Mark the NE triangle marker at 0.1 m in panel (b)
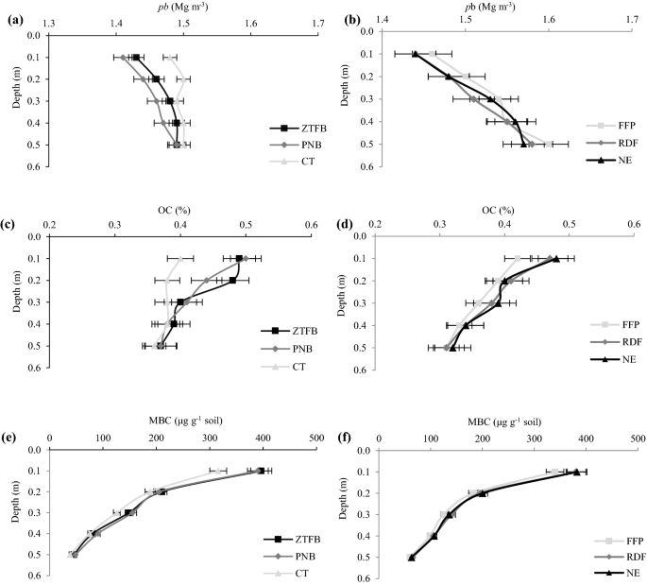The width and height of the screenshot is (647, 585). [415, 54]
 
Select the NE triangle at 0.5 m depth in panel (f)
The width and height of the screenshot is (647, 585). [412, 558]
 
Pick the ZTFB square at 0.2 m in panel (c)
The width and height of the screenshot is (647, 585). [232, 281]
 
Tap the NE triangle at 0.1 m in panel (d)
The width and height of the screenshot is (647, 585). [556, 259]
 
